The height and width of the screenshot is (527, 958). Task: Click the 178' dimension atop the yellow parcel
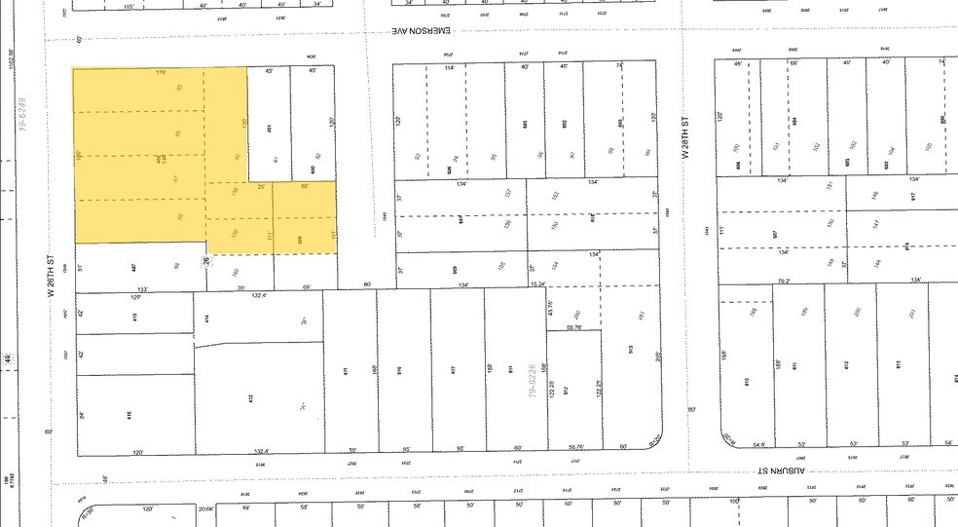pyautogui.click(x=162, y=72)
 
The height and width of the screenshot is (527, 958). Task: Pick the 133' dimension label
pyautogui.click(x=142, y=289)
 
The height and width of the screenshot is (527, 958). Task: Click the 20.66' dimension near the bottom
pyautogui.click(x=205, y=508)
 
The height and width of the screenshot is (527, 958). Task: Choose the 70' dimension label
pyautogui.click(x=240, y=288)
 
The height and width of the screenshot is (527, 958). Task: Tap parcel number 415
pyautogui.click(x=128, y=414)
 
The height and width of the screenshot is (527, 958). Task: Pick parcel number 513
pyautogui.click(x=630, y=348)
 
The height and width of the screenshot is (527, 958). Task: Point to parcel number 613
pyautogui.click(x=899, y=364)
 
